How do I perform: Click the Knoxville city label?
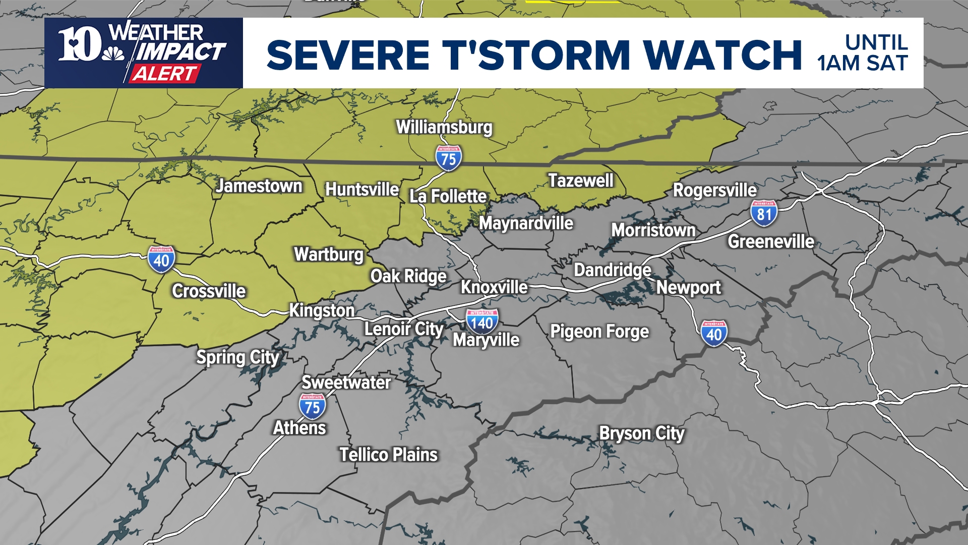point(494,287)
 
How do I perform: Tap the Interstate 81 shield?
point(764,213)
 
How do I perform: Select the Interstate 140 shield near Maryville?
point(482,322)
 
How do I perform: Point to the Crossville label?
point(209,291)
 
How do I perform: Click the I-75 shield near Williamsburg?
point(448,158)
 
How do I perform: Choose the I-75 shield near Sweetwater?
point(312,407)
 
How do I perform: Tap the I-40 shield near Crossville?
point(161,259)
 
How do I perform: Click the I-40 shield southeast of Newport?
point(714,334)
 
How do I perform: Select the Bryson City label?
point(641,433)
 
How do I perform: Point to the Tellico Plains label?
point(388,455)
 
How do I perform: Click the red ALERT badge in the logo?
point(163,74)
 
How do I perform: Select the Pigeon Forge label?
point(599,332)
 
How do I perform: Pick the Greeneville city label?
point(770,242)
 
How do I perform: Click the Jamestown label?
point(259,186)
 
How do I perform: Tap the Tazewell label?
point(581,181)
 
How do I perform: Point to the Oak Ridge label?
point(408,276)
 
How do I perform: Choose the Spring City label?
point(237,357)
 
